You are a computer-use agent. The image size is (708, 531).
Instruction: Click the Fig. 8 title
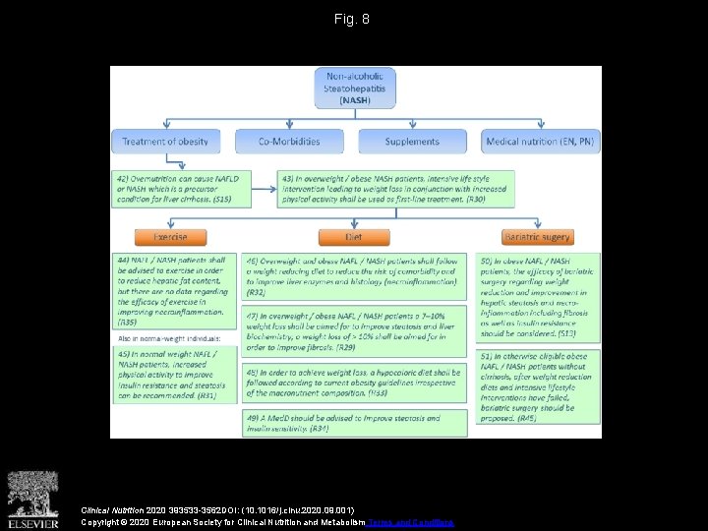point(351,19)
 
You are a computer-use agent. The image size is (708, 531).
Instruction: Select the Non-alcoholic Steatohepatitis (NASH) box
point(355,88)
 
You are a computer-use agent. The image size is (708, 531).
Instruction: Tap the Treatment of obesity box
point(165,142)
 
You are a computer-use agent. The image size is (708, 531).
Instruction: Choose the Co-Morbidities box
point(289,142)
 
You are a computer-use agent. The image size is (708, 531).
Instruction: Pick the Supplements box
point(412,142)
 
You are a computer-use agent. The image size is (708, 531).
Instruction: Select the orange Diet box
point(354,237)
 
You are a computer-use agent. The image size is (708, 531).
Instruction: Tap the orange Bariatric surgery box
point(537,237)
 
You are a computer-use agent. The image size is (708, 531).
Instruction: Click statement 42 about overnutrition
point(181,187)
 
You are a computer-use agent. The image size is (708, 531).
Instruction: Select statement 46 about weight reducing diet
point(352,276)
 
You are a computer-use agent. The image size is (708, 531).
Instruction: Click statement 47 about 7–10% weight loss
point(352,330)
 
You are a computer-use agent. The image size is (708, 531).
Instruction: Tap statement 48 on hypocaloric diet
point(352,383)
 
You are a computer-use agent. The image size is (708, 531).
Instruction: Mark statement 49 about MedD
point(352,423)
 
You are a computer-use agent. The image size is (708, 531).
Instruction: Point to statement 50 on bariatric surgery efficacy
point(538,296)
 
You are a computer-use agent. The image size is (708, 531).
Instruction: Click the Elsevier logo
point(33,498)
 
